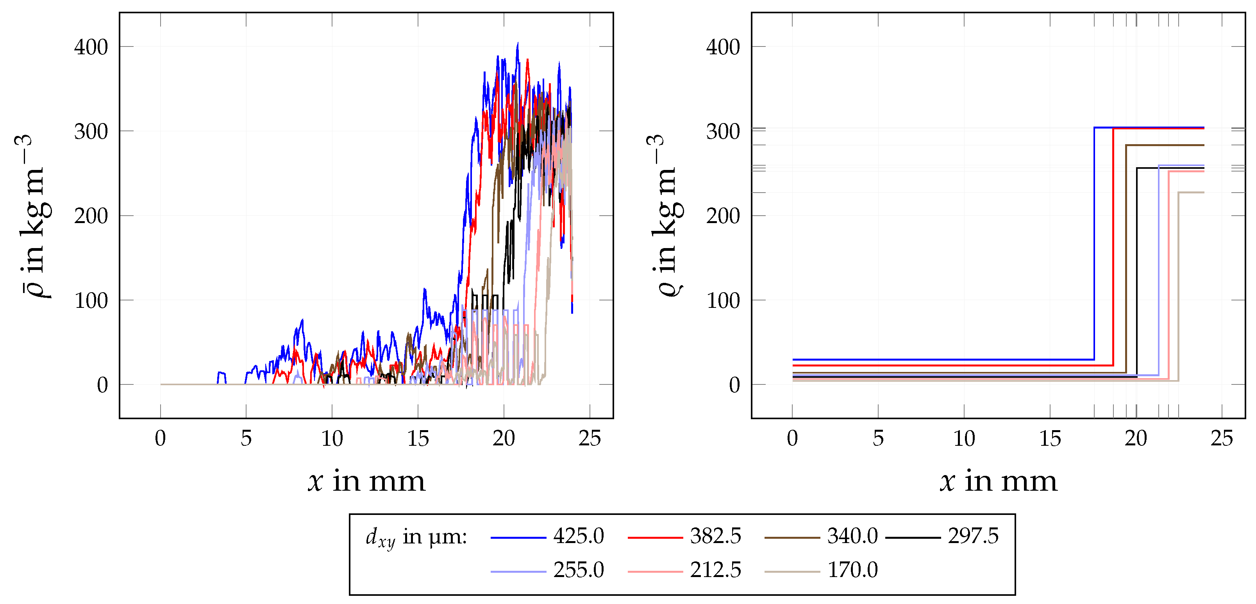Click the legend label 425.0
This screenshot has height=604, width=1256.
[578, 536]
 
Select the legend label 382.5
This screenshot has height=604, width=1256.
[715, 536]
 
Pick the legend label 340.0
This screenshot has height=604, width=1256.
[852, 536]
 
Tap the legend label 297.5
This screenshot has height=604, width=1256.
[973, 536]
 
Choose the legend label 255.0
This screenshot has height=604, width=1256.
[578, 570]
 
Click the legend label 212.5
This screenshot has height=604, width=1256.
[715, 570]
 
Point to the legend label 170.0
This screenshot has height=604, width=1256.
[852, 570]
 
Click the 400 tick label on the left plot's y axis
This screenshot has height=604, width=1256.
[91, 47]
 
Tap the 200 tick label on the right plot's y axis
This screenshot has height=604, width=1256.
[723, 216]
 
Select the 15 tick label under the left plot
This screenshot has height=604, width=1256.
[418, 439]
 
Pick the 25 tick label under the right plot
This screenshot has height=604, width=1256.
[1221, 439]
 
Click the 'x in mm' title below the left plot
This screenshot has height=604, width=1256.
[367, 482]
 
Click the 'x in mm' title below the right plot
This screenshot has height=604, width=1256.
[999, 482]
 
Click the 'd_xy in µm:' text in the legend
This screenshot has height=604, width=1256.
[416, 538]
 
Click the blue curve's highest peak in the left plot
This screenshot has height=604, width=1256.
[517, 44]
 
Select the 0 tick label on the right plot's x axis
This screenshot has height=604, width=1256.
[792, 439]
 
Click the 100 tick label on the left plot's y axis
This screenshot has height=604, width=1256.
[91, 301]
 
